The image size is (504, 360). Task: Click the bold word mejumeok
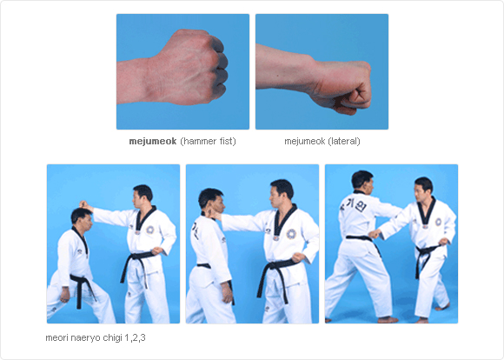153,141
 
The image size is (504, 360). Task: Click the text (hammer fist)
208,141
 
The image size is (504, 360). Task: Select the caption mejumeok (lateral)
322,141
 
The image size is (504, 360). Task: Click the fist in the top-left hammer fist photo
196,69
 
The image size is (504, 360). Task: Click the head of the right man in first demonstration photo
143,194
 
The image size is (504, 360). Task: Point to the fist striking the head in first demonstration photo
83,205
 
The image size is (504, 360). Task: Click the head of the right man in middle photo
280,190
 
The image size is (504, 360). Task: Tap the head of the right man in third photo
422,187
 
